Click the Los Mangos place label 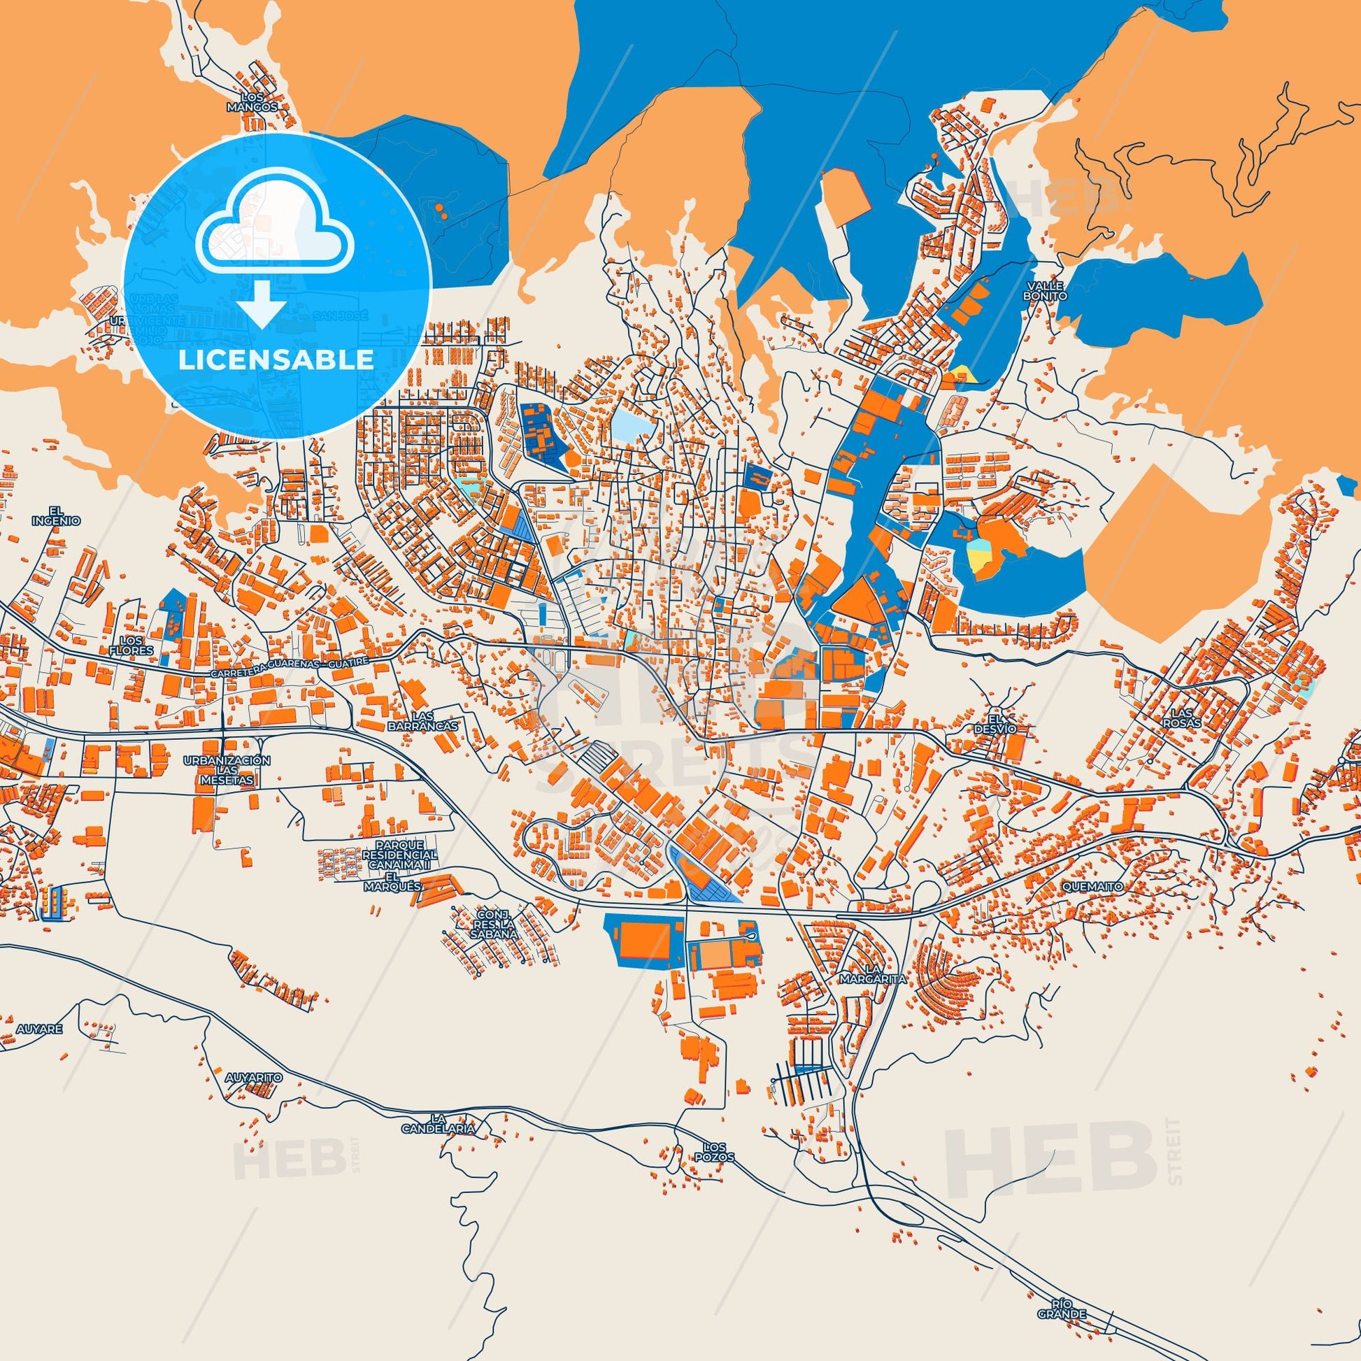(x=259, y=103)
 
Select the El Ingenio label (x=57, y=515)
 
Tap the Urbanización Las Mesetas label (x=226, y=771)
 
